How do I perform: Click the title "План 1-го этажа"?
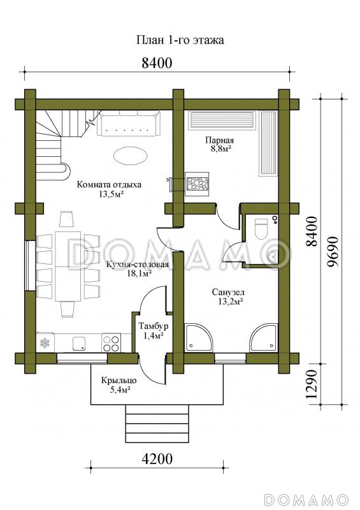[180, 40]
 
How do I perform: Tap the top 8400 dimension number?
[157, 62]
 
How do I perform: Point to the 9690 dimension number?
[333, 252]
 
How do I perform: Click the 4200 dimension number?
[157, 459]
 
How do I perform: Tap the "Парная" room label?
[220, 140]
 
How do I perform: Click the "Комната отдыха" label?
[109, 185]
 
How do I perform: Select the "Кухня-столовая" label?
[138, 264]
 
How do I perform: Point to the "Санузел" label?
[228, 292]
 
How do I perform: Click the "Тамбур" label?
[154, 326]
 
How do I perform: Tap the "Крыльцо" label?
[119, 380]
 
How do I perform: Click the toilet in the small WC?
[261, 228]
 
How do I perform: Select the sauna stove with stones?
[196, 184]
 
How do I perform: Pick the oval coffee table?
[130, 156]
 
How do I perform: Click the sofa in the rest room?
[129, 124]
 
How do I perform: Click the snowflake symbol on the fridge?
[45, 343]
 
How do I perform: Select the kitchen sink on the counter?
[79, 344]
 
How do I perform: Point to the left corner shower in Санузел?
[198, 338]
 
